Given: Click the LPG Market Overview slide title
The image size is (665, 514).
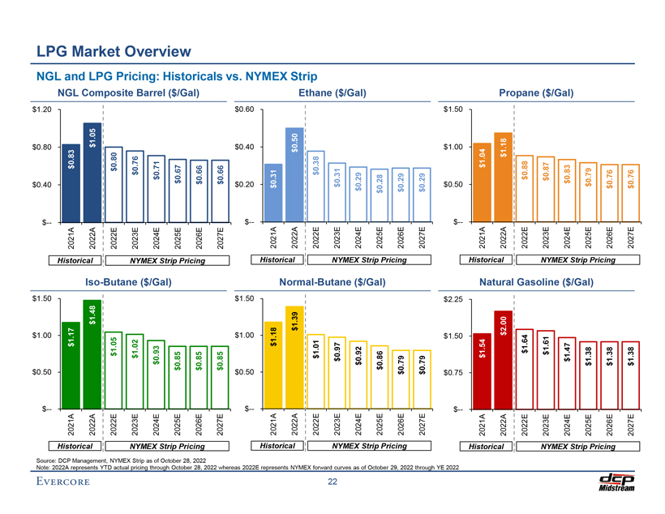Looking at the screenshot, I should [x=113, y=53].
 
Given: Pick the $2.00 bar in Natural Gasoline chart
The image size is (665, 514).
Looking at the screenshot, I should [x=504, y=358].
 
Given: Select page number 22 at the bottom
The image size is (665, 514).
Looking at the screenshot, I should [x=332, y=484].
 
